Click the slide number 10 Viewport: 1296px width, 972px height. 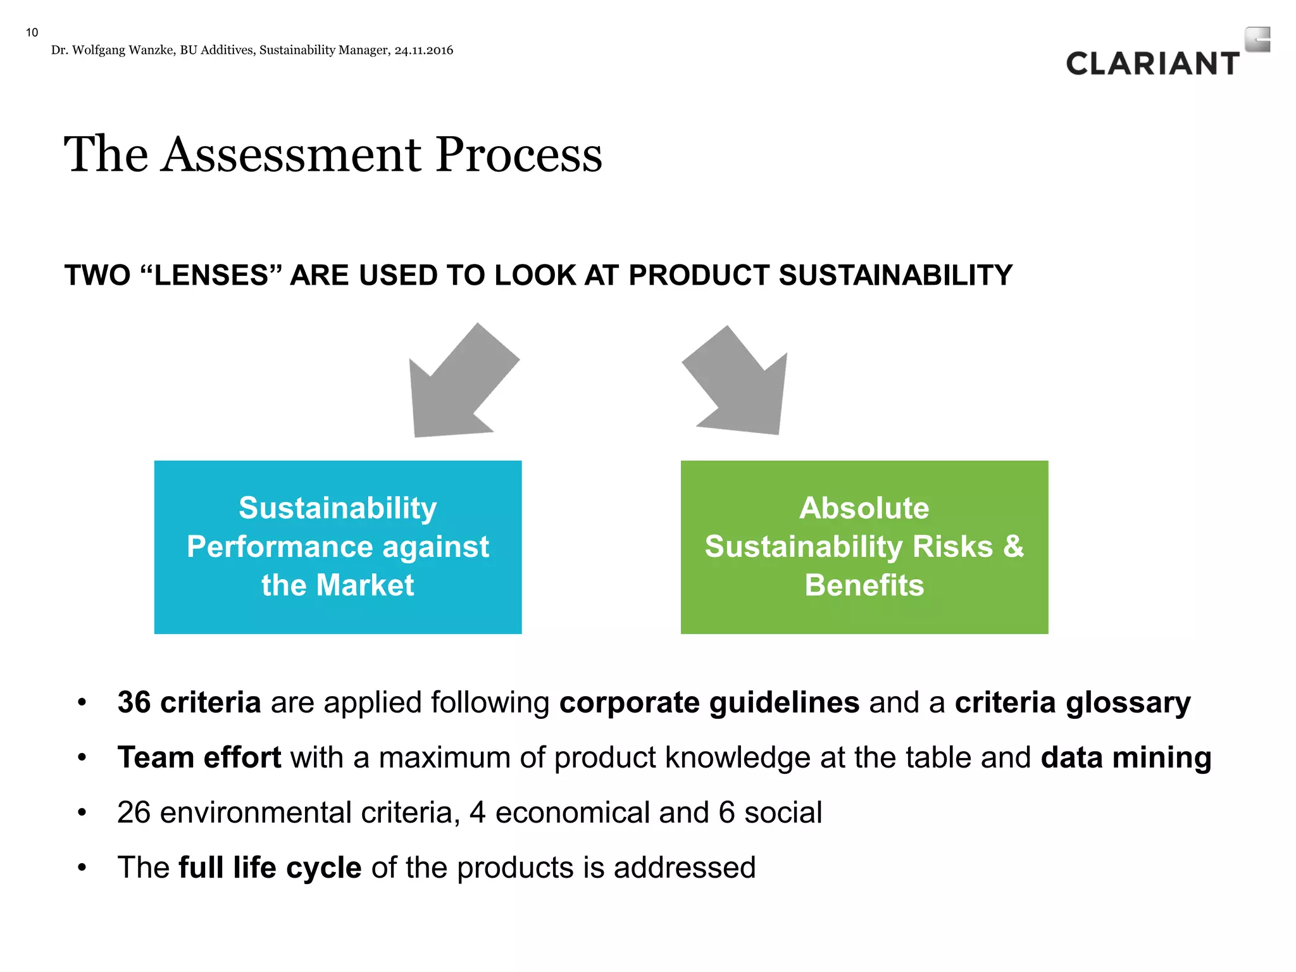pos(32,32)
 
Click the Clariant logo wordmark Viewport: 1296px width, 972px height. pos(1152,64)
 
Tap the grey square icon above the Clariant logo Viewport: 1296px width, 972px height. pos(1257,39)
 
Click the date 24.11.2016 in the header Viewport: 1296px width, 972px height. pos(423,51)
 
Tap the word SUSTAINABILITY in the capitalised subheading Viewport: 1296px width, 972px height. pos(895,275)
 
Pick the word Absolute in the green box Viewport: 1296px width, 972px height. pos(864,508)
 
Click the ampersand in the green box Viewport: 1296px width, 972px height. pos(1013,546)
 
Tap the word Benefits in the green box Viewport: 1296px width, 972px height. pos(864,585)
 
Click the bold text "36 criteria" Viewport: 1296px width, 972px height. pos(189,702)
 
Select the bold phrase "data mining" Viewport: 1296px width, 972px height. pos(1126,757)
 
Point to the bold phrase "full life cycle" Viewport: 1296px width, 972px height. pos(270,868)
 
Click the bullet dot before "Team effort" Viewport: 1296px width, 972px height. pos(82,757)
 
